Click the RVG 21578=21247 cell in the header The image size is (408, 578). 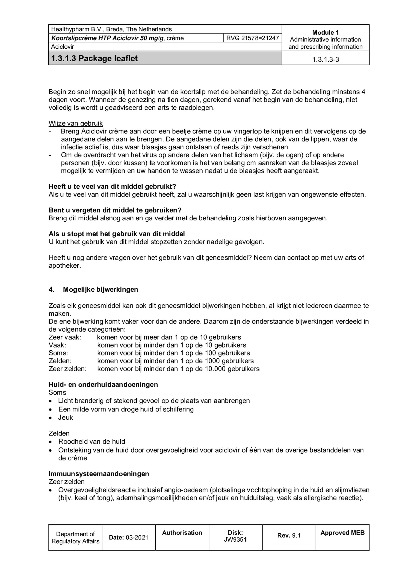(252, 38)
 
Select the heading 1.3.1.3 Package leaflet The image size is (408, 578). (94, 58)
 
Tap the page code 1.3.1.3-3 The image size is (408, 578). (326, 59)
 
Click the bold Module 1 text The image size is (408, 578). (326, 33)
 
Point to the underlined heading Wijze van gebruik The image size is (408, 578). (76, 123)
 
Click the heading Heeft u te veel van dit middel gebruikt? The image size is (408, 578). (112, 186)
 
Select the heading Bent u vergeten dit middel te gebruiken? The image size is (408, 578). (115, 210)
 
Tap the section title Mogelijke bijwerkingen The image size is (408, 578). (100, 290)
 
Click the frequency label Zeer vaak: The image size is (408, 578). (65, 337)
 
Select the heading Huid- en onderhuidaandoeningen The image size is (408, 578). (103, 384)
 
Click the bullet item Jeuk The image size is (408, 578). (66, 418)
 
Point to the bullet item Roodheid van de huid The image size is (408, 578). (92, 442)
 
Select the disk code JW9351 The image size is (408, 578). (235, 540)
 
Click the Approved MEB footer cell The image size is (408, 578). (342, 533)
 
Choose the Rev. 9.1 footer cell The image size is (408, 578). (289, 535)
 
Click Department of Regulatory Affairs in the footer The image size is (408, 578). (75, 538)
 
